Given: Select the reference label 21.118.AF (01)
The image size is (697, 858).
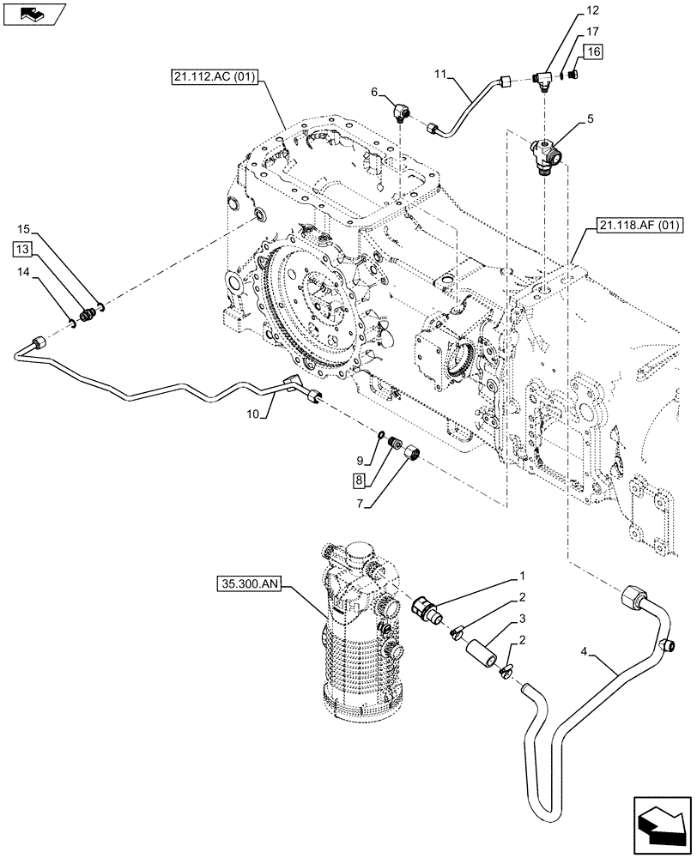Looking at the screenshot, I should tap(636, 227).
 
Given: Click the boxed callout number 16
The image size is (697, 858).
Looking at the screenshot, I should tap(595, 52).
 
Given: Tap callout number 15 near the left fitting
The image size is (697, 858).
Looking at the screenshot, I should tap(22, 229).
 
